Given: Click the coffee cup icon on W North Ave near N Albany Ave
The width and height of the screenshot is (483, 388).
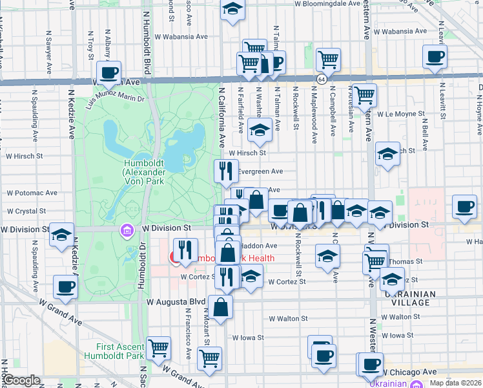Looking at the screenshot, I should (x=108, y=72).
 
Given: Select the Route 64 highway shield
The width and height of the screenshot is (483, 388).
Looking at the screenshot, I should (x=321, y=79).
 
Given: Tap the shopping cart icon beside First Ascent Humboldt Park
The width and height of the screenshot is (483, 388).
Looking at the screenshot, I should (x=158, y=349).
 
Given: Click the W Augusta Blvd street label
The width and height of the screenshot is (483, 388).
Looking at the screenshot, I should (x=176, y=301).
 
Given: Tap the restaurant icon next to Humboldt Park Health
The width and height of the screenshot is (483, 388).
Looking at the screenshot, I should (x=185, y=250).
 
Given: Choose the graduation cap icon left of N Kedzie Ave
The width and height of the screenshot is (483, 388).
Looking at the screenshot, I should (x=61, y=235).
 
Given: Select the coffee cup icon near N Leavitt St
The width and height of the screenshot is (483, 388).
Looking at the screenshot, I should (x=435, y=56).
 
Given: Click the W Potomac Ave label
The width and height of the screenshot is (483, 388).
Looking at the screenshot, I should (x=32, y=193).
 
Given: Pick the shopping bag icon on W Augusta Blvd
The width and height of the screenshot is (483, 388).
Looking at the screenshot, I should (x=221, y=307).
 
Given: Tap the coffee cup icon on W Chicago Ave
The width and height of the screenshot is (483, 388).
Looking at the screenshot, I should (x=371, y=364).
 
